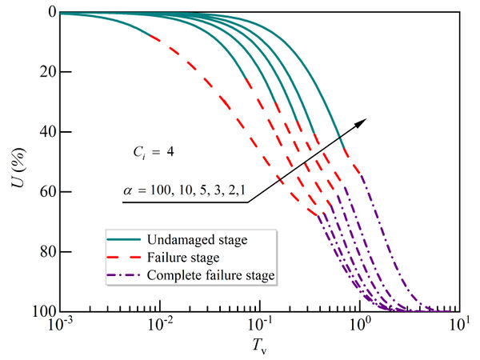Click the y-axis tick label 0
50,12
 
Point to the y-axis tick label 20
45,72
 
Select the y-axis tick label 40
45,131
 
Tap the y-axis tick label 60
45,191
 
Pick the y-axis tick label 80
45,251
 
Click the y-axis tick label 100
42,310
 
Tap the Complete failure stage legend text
211,275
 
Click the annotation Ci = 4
150,150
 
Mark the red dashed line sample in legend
124,257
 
